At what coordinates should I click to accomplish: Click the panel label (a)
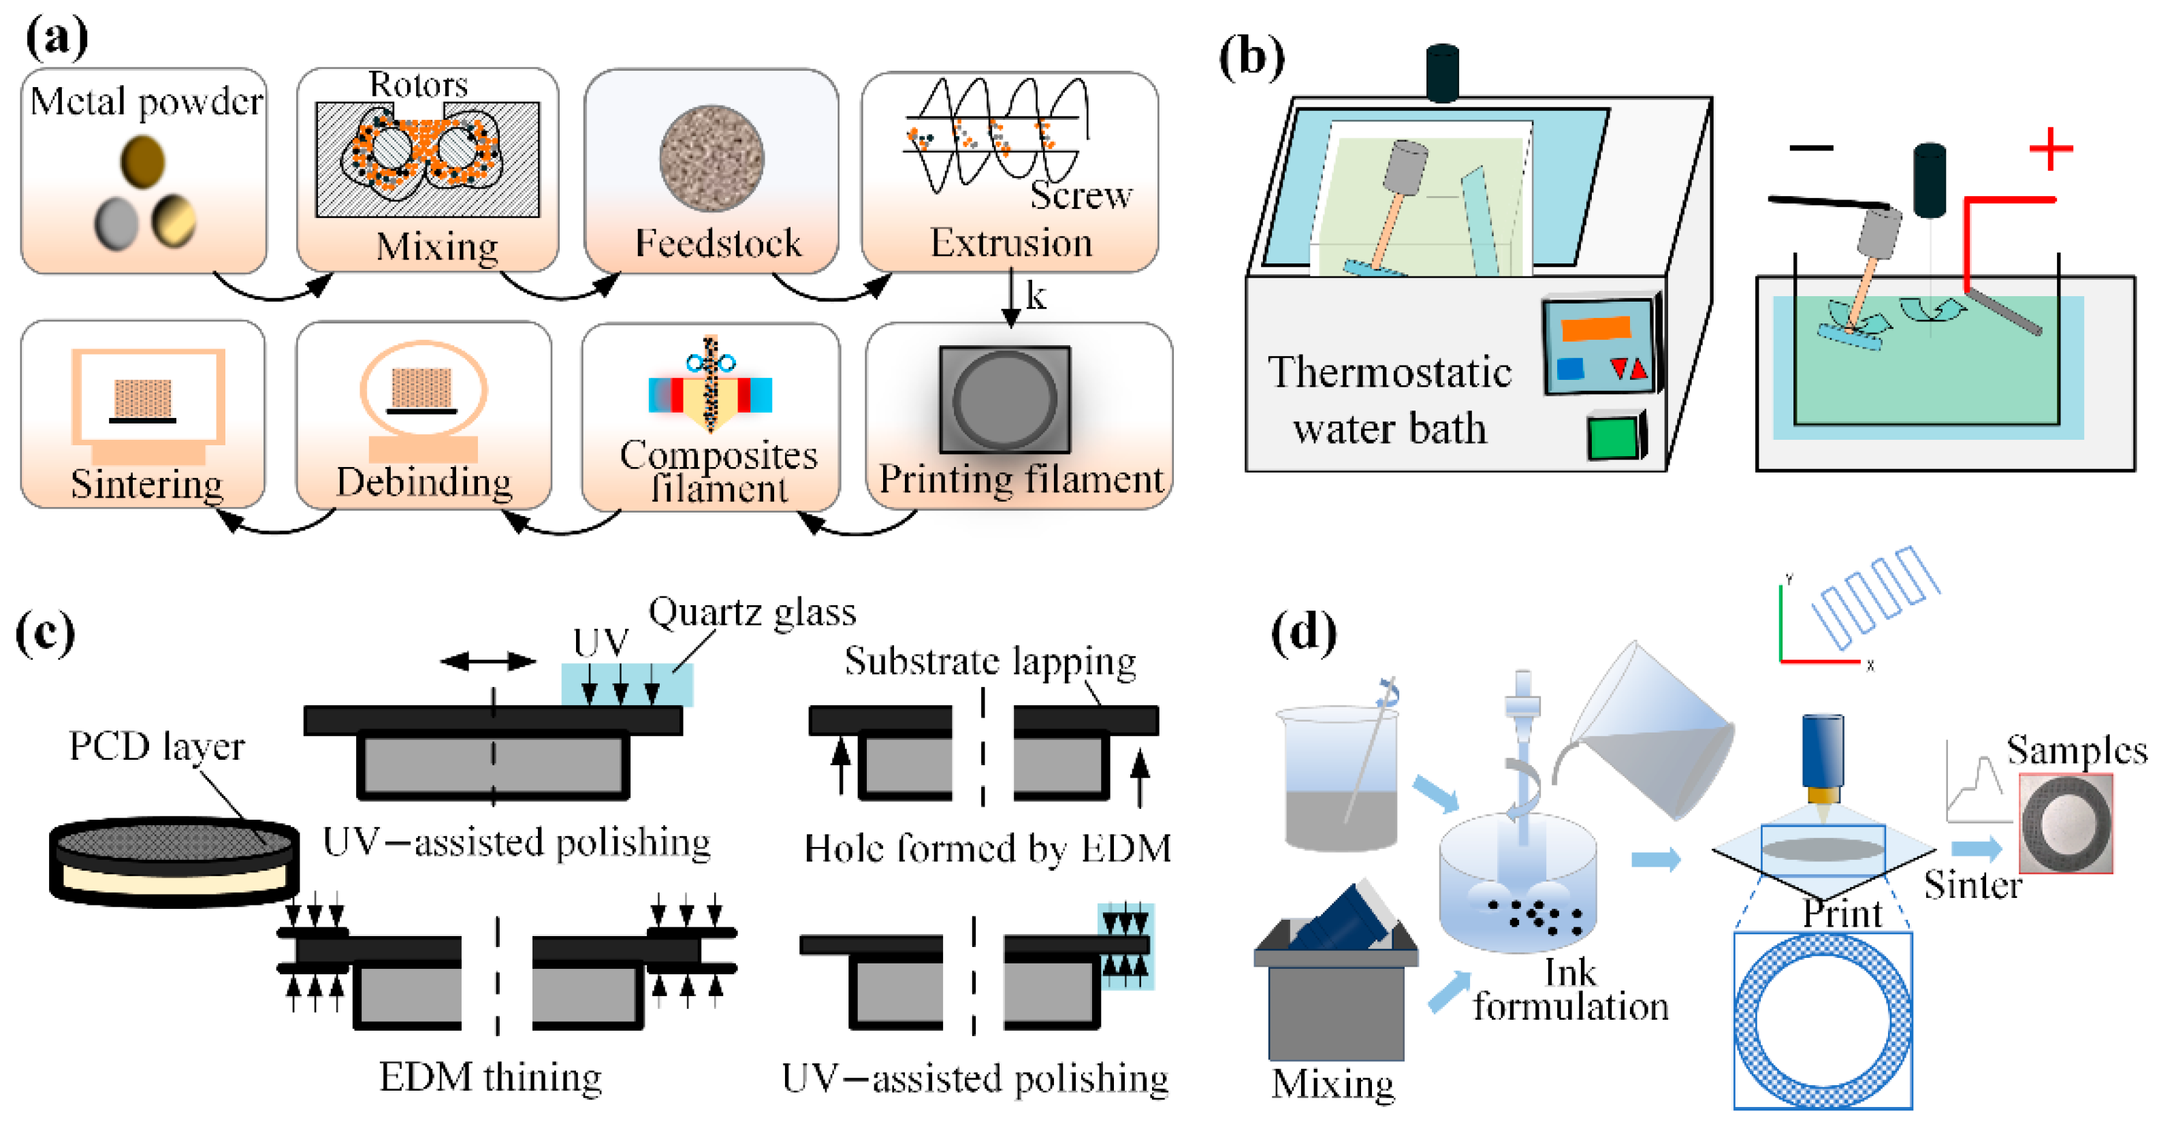click(56, 37)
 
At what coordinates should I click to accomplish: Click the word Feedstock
click(718, 243)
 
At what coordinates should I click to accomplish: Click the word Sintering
click(146, 484)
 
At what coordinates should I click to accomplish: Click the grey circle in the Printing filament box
click(1004, 400)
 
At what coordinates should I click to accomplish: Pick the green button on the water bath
click(1614, 437)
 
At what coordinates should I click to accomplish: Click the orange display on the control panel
click(1596, 327)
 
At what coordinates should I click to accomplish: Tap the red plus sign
click(2051, 149)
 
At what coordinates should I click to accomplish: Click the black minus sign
click(1811, 148)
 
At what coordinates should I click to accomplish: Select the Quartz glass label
click(752, 612)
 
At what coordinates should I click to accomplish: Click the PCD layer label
click(157, 745)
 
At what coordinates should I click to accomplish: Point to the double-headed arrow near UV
click(488, 662)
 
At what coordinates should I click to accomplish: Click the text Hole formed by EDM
click(987, 848)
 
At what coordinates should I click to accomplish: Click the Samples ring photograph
click(2066, 823)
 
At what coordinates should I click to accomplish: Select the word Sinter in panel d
click(1972, 885)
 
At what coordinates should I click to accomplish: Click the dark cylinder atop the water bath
click(1443, 74)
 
